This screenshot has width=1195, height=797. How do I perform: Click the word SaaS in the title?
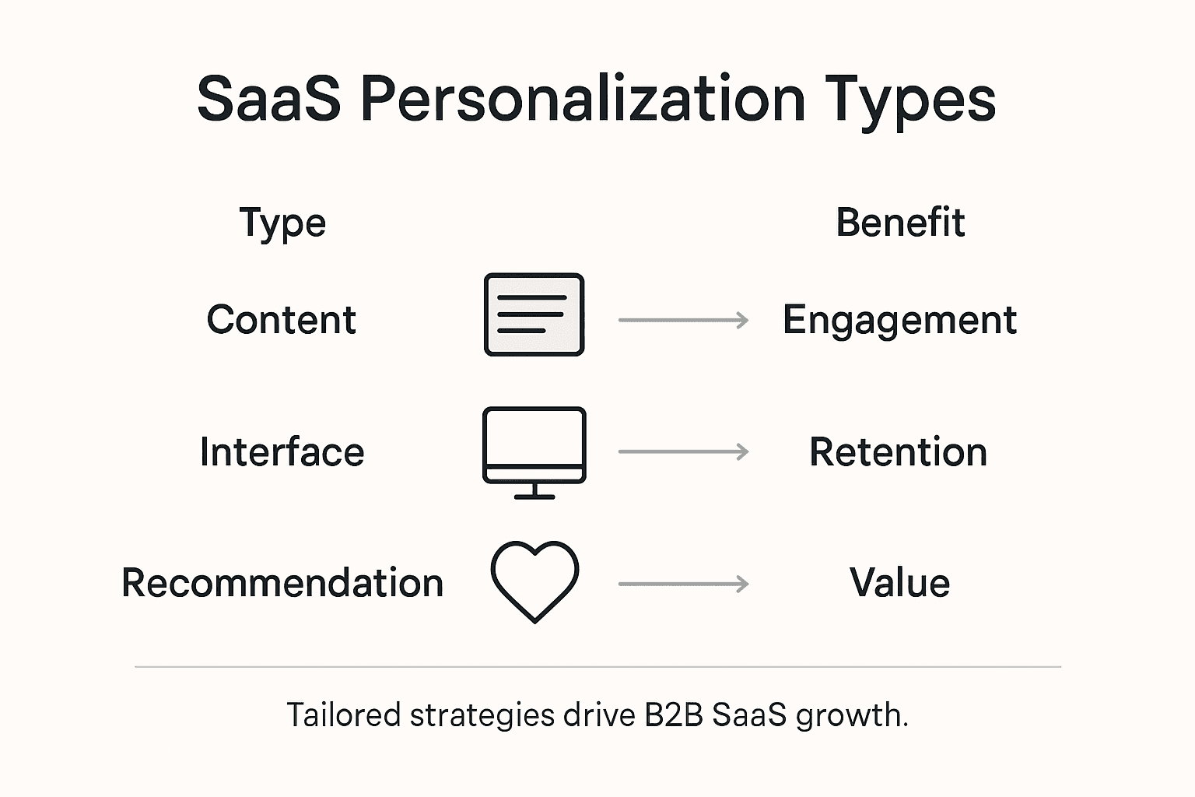pyautogui.click(x=268, y=100)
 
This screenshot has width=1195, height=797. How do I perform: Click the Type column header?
pyautogui.click(x=282, y=223)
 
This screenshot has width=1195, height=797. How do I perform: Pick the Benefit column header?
pyautogui.click(x=900, y=223)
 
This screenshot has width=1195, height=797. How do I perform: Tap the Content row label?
pyautogui.click(x=282, y=320)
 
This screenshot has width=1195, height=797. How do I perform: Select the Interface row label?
pyautogui.click(x=282, y=452)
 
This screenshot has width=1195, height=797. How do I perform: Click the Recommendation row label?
pyautogui.click(x=282, y=583)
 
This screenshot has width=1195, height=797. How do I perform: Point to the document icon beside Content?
pyautogui.click(x=534, y=314)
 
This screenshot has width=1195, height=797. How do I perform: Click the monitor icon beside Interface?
pyautogui.click(x=534, y=451)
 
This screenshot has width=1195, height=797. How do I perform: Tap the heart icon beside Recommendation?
pyautogui.click(x=534, y=581)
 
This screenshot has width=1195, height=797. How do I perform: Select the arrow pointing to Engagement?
pyautogui.click(x=683, y=320)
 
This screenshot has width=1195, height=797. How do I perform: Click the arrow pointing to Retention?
pyautogui.click(x=683, y=451)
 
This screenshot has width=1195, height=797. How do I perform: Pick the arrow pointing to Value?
pyautogui.click(x=683, y=584)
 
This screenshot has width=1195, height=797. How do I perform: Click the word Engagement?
pyautogui.click(x=899, y=321)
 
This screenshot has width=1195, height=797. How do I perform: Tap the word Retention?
pyautogui.click(x=899, y=452)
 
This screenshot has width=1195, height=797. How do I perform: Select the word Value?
pyautogui.click(x=899, y=583)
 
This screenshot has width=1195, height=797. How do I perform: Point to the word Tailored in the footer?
pyautogui.click(x=343, y=714)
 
